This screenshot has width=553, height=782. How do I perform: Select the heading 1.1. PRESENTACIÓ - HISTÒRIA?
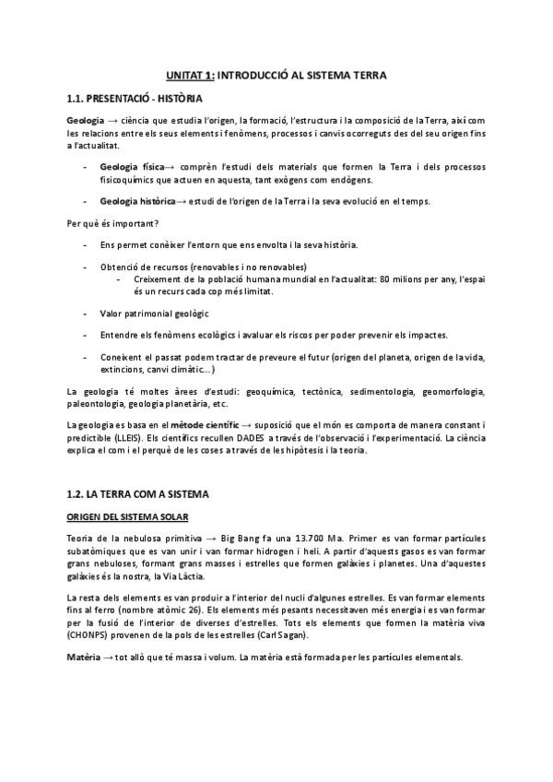[135, 98]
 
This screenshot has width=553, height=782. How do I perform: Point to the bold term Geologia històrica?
[138, 202]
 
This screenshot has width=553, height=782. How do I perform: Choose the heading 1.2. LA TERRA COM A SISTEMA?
[139, 493]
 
